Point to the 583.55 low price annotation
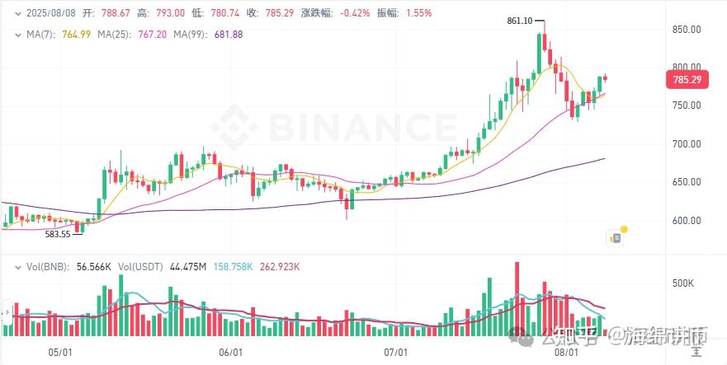tap(59, 234)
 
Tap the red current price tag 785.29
tap(687, 80)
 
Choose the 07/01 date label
tap(396, 352)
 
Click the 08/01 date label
tap(565, 352)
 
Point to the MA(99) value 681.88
tap(229, 34)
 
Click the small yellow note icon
tap(615, 238)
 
